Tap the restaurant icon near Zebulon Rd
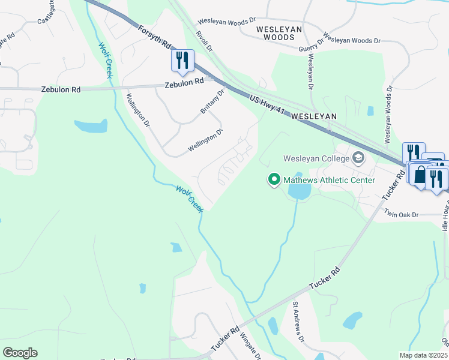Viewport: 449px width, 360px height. tap(182, 61)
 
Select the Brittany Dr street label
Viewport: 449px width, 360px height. tap(212, 102)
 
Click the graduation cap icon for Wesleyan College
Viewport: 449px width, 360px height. tap(359, 158)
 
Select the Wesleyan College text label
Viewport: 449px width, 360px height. tap(316, 159)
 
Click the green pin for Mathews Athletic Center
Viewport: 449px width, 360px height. tap(274, 179)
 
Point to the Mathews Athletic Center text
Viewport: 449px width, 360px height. tap(329, 180)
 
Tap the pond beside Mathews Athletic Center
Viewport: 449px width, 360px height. tap(299, 191)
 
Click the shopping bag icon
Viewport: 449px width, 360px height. tap(420, 175)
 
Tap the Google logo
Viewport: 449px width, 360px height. tap(20, 353)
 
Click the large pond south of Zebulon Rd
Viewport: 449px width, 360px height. tap(91, 126)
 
